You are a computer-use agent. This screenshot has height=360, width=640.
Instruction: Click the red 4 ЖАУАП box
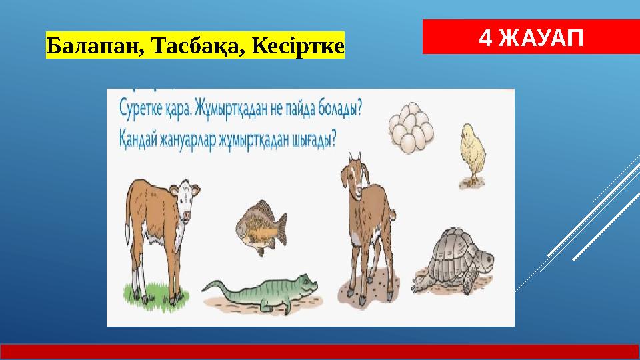coord(531,37)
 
